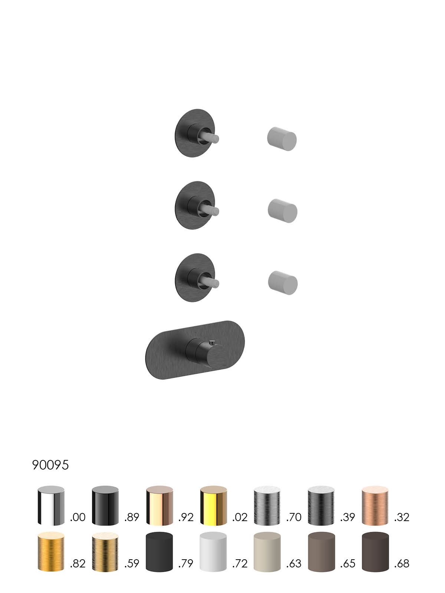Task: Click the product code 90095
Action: point(50,465)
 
